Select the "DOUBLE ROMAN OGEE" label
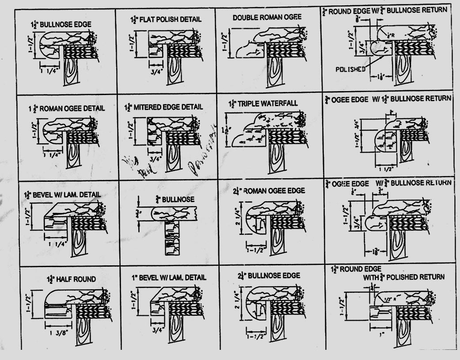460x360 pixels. (x=267, y=17)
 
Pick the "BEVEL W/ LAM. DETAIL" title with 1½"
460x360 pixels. (x=62, y=195)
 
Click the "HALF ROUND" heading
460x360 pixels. (x=72, y=279)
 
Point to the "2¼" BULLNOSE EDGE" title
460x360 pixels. (x=268, y=276)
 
